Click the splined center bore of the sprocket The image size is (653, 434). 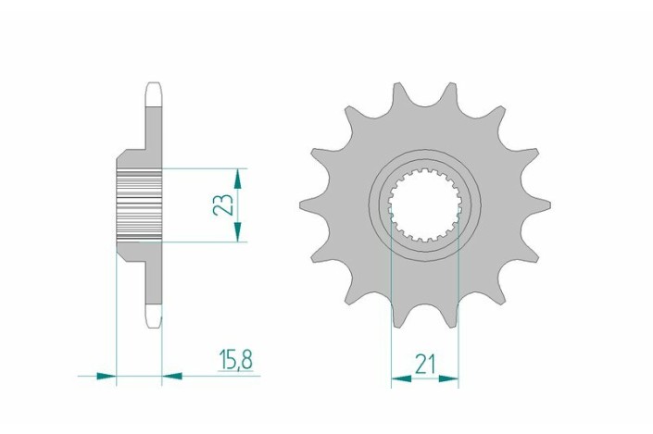click(x=424, y=205)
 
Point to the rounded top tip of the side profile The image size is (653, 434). click(x=154, y=89)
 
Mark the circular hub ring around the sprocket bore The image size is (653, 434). click(x=424, y=167)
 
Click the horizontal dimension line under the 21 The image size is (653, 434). click(x=425, y=378)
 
